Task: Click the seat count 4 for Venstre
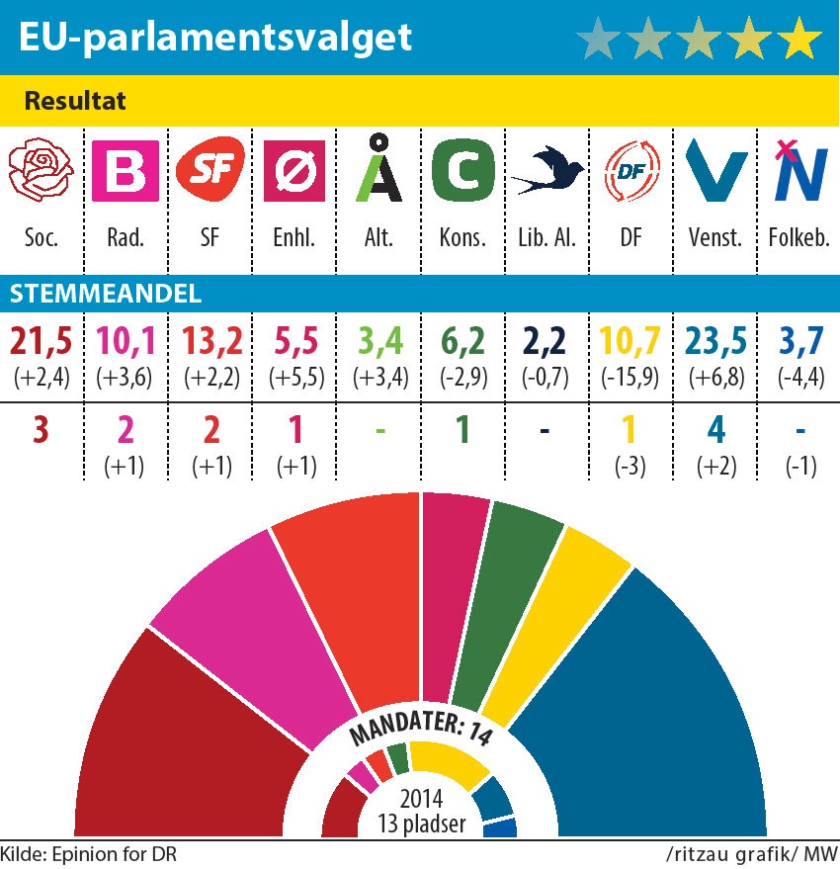(713, 431)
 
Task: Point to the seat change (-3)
(629, 467)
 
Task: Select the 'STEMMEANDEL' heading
(106, 294)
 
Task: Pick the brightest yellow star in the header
(798, 39)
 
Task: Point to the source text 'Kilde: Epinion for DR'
(89, 853)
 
